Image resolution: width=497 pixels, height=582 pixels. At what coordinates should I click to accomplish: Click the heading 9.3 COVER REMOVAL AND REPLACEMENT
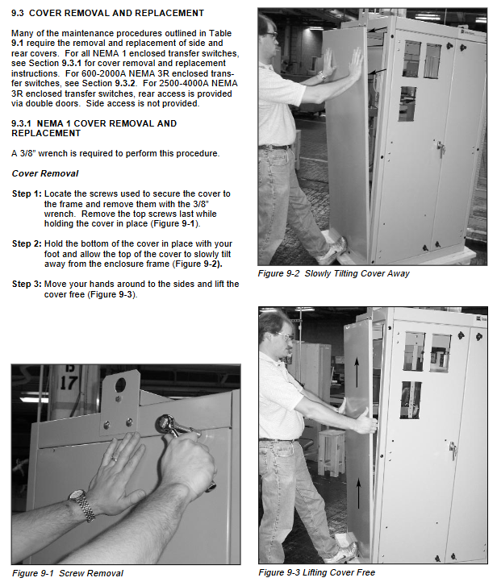[x=108, y=13]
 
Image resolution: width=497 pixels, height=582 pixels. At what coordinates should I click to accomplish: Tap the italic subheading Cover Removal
[x=45, y=173]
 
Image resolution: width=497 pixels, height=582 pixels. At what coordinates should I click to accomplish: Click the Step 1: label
[x=27, y=193]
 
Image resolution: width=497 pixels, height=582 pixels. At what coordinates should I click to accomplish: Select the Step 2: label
[x=27, y=244]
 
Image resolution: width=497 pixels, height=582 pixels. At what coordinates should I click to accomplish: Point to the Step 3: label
[x=27, y=284]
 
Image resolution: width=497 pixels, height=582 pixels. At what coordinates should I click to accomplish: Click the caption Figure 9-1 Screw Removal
[x=68, y=573]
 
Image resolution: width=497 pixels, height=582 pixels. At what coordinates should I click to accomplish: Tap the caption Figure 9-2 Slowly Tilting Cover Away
[x=333, y=273]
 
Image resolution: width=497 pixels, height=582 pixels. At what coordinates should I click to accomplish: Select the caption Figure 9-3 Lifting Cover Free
[x=317, y=572]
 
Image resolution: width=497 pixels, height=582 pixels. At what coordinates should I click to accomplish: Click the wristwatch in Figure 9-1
[x=82, y=504]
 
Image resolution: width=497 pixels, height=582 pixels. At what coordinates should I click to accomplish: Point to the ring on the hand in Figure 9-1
[x=115, y=459]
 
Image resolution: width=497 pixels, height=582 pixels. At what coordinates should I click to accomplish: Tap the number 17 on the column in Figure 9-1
[x=69, y=383]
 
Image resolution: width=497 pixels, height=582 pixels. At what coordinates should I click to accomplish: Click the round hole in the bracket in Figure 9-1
[x=121, y=385]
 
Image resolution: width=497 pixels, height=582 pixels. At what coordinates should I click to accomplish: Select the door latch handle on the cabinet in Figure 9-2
[x=441, y=148]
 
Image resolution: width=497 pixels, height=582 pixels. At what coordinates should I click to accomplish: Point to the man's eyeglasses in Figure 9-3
[x=285, y=337]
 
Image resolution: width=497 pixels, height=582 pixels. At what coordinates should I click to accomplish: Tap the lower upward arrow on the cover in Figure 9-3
[x=358, y=493]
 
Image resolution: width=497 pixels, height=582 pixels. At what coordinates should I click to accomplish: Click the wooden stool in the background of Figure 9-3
[x=331, y=452]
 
